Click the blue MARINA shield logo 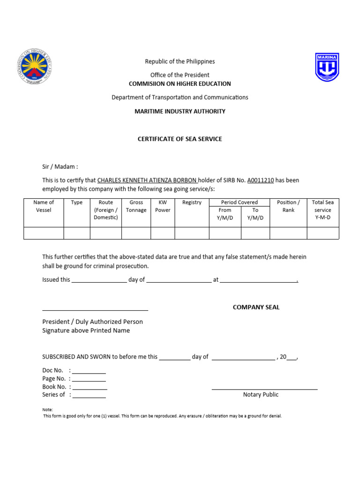coord(327,67)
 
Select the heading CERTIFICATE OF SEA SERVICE coord(180,139)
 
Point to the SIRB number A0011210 coord(260,180)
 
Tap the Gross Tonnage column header coord(136,206)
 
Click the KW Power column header coord(163,206)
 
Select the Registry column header coord(192,202)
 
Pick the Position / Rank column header coord(288,206)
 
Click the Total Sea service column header coord(322,210)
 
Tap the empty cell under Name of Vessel coord(44,233)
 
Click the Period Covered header coord(240,202)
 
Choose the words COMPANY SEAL coord(256,307)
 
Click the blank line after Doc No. coord(89,371)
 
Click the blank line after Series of coord(89,396)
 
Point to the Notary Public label coord(261,395)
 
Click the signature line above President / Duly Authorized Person coord(95,309)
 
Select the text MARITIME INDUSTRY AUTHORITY coord(180,112)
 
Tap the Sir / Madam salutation coord(60,166)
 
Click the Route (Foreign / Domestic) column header coord(106,210)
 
